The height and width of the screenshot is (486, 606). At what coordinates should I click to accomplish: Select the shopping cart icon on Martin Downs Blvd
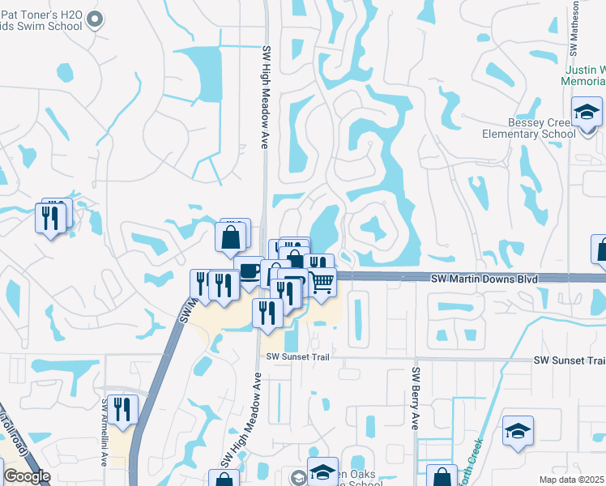pos(323,282)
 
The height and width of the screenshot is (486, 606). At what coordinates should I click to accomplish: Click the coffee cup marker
pos(250,271)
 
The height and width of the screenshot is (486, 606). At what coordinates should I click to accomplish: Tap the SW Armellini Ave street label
pos(105,431)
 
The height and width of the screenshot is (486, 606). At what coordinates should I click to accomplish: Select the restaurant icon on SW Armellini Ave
pos(122,408)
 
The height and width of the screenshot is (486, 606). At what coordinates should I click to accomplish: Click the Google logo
pos(27,476)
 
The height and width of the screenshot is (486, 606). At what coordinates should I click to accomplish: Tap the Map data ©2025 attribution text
pos(571,480)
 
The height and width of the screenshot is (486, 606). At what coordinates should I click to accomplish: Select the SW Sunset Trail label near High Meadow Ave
pos(297,357)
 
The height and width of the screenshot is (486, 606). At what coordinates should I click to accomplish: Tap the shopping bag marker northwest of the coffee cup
pos(231,237)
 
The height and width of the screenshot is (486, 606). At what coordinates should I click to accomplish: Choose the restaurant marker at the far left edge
pos(50,218)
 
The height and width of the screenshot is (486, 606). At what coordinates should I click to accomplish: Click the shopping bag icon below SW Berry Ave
pos(442,476)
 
